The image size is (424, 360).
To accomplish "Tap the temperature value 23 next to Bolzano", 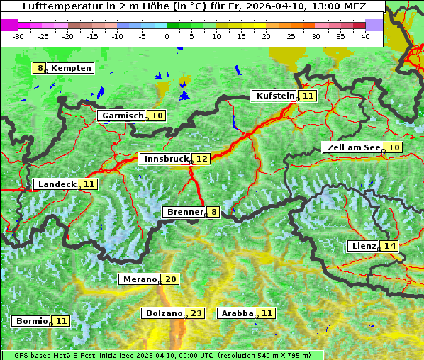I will point(196,313).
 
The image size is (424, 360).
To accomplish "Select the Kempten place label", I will point(72,68).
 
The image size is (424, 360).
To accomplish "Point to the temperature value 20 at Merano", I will point(171,279).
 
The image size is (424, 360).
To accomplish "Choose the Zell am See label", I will point(353,147).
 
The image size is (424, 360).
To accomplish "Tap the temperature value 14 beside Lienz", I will point(390,246).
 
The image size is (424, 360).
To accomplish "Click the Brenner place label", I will point(184,212).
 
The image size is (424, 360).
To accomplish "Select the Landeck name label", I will point(57,184).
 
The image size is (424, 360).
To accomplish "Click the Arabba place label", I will point(238,313).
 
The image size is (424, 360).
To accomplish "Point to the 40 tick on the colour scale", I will point(365,35).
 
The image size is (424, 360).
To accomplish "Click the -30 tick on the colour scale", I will point(18,35).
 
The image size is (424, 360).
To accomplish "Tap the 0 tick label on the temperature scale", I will point(167,35).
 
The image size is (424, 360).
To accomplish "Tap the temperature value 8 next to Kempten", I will point(41,68).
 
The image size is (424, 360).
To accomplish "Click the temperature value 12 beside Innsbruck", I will point(202,159).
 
